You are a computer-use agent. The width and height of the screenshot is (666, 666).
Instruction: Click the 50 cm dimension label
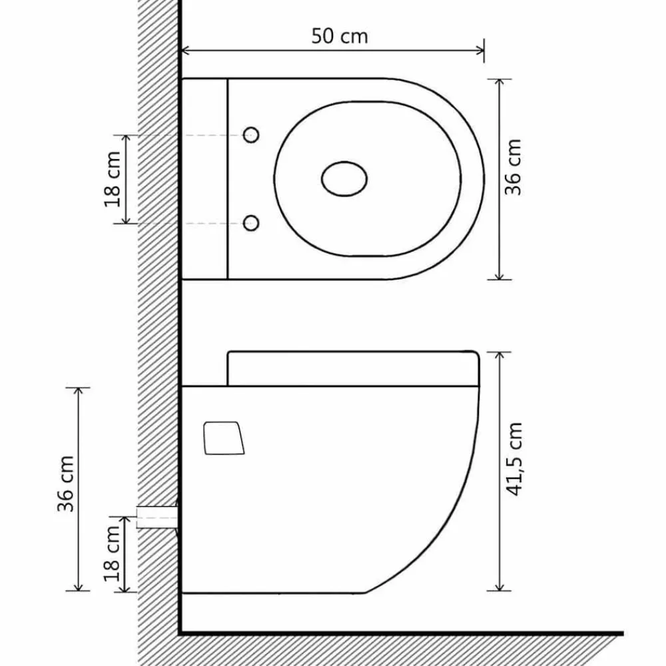tap(340, 36)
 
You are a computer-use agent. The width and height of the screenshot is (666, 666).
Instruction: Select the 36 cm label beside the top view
tap(513, 167)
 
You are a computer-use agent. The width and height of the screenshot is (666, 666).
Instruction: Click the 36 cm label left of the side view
tap(66, 484)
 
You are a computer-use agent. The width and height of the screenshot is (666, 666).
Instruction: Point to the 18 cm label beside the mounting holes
tap(113, 179)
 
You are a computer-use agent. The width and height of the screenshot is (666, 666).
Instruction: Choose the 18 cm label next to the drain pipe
tap(112, 553)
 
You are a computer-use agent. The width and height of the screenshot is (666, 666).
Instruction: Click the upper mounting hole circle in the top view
tap(251, 135)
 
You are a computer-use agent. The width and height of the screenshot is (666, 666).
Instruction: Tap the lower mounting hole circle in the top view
tap(251, 223)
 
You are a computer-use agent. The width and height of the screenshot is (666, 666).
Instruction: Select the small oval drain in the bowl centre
tap(344, 178)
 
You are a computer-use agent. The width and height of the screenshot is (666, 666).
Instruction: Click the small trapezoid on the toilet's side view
tap(224, 438)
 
